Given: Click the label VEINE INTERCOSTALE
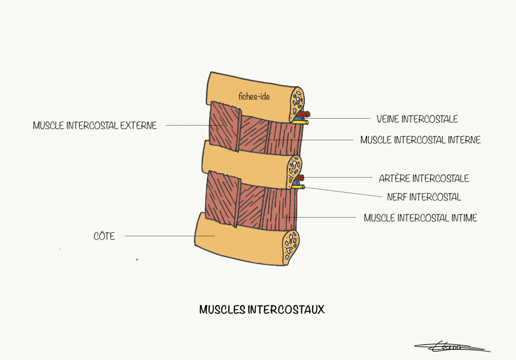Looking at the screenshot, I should click(x=417, y=119).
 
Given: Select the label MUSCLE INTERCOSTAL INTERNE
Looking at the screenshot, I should click(x=420, y=140).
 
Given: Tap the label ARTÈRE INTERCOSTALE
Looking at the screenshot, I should click(x=424, y=178).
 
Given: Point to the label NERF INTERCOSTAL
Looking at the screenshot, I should click(x=424, y=197).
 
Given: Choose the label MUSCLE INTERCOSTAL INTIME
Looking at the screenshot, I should click(x=420, y=218).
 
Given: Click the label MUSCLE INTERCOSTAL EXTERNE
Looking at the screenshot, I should click(x=95, y=126).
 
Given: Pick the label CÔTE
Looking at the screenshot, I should click(x=104, y=236).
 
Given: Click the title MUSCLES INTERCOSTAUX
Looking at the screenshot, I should click(x=262, y=309).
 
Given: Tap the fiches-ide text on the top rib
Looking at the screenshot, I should click(x=254, y=97).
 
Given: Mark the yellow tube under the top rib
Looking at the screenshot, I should click(x=301, y=123).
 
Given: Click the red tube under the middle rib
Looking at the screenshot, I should click(x=300, y=178).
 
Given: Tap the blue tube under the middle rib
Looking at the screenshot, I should click(x=296, y=183).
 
